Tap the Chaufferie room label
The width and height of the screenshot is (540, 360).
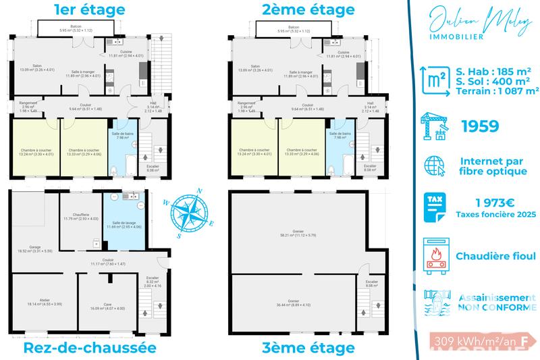click(x=81, y=217)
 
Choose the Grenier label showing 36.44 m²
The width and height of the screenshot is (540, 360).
click(x=292, y=304)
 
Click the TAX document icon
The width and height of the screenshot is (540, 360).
click(x=432, y=207)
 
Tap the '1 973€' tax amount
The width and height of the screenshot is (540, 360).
click(x=496, y=202)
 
